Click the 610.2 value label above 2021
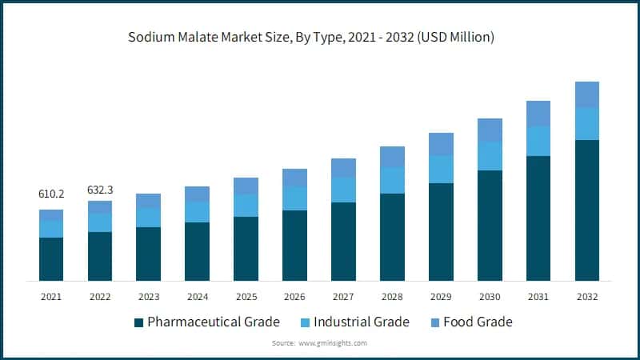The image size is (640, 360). tap(51, 194)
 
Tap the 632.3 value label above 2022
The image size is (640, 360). tap(100, 190)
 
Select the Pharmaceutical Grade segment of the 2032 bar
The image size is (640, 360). tap(587, 210)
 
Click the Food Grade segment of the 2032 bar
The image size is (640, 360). tap(587, 94)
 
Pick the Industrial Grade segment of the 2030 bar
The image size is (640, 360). tap(490, 156)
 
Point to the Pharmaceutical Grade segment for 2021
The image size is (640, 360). tap(51, 258)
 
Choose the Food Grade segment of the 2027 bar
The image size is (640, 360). tap(344, 168)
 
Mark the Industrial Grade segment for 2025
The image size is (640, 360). tap(246, 206)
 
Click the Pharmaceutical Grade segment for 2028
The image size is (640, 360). tap(392, 237)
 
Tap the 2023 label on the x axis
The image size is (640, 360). tap(149, 297)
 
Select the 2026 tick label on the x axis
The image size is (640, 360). tap(295, 297)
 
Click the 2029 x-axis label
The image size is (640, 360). tap(441, 297)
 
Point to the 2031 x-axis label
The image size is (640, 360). tap(538, 297)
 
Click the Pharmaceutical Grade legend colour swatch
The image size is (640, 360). tap(139, 322)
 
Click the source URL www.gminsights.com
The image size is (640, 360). tap(333, 342)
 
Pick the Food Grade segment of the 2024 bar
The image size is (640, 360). tap(198, 194)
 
